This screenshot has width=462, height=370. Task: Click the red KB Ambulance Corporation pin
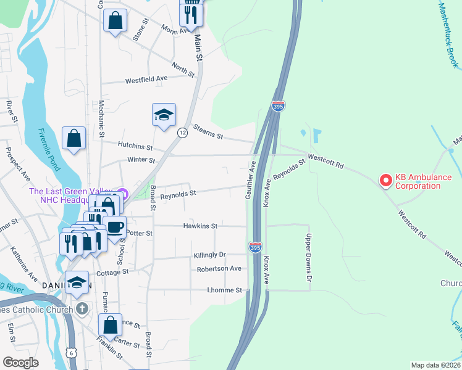(x=386, y=180)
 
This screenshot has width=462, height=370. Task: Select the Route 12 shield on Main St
(x=182, y=133)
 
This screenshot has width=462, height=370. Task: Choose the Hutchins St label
(x=135, y=146)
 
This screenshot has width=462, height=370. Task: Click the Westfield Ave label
(x=146, y=80)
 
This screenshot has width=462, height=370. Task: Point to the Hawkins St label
(x=200, y=226)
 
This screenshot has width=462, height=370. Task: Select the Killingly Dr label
(x=210, y=255)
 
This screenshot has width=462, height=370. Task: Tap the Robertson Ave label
(x=219, y=269)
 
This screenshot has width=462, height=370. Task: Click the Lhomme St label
(x=224, y=290)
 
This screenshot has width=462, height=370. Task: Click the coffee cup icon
(x=114, y=226)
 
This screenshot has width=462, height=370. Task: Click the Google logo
(x=21, y=363)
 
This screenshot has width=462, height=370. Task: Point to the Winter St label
(x=142, y=160)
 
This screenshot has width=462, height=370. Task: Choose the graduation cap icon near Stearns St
(x=164, y=115)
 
